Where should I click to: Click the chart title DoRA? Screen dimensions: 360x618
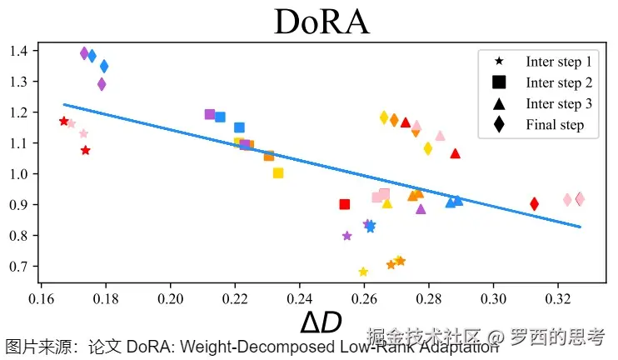click(x=321, y=22)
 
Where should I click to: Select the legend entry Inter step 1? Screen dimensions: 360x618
click(x=558, y=62)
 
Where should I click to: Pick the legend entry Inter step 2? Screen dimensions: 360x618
click(x=558, y=82)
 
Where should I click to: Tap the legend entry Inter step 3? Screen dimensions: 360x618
click(x=558, y=103)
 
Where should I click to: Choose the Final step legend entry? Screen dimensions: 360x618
click(x=555, y=125)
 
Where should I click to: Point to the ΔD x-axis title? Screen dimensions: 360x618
click(x=321, y=322)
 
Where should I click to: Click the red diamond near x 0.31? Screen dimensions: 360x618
click(x=534, y=203)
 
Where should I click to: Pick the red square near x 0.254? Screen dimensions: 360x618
click(x=345, y=204)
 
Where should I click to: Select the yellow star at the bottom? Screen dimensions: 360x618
click(x=363, y=272)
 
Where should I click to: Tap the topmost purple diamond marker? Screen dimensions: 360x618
click(x=84, y=53)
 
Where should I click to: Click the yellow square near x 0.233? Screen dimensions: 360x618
click(x=278, y=173)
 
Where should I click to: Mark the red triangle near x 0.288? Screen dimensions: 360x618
click(x=455, y=153)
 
